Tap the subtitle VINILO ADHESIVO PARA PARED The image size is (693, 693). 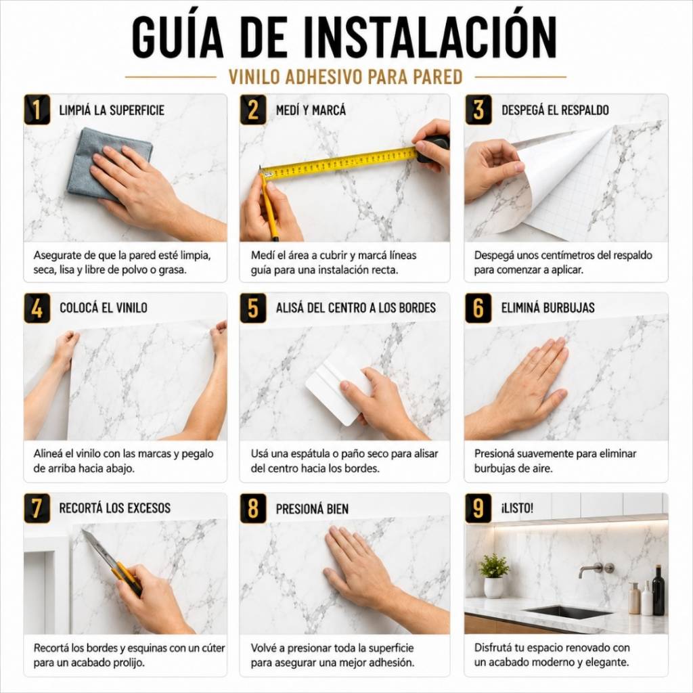pyautogui.click(x=345, y=77)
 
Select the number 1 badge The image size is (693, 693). pyautogui.click(x=37, y=109)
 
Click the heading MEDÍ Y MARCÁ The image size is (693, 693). pyautogui.click(x=311, y=110)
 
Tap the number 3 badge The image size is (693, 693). pyautogui.click(x=478, y=109)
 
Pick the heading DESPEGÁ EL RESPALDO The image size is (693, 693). pyautogui.click(x=555, y=110)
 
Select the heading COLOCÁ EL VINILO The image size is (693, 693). pyautogui.click(x=104, y=308)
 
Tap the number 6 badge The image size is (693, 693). pyautogui.click(x=478, y=308)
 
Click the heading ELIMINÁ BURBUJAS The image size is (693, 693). pyautogui.click(x=547, y=308)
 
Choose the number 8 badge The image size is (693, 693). pyautogui.click(x=253, y=508)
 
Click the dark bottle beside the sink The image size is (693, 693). pyautogui.click(x=658, y=590)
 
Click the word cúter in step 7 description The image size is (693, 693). pyautogui.click(x=213, y=648)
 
